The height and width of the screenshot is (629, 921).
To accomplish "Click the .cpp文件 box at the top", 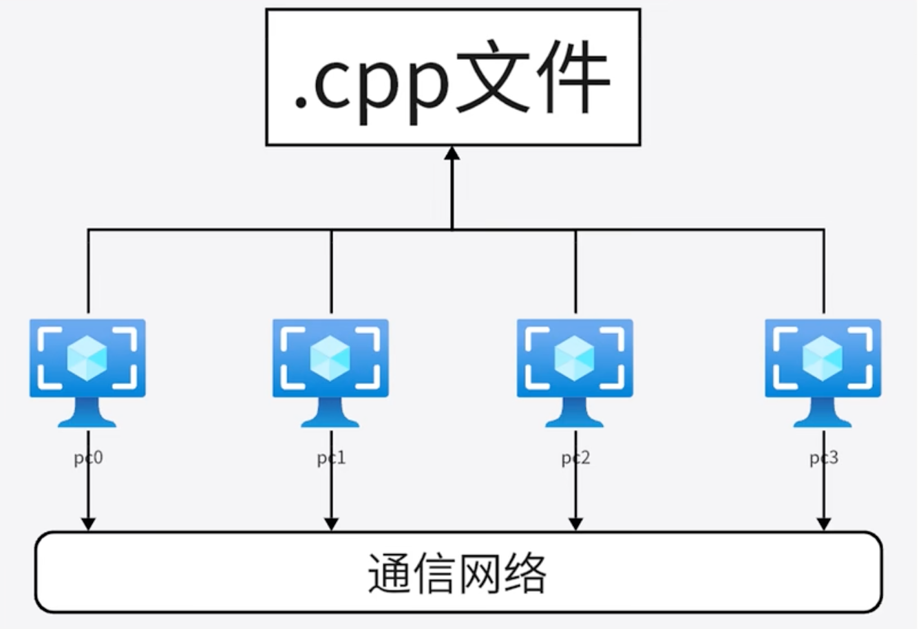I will tap(453, 76).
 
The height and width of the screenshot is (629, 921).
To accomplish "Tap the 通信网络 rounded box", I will tap(458, 572).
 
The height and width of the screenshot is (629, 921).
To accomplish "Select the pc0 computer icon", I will tap(87, 372).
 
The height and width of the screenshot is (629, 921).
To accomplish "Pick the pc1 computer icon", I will tap(330, 372).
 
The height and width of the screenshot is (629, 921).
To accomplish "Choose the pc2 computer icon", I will tap(575, 372).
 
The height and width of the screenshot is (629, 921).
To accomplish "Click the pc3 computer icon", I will tap(823, 372).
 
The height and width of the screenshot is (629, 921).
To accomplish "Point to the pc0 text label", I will tap(88, 458).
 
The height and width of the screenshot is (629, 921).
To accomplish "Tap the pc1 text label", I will tap(331, 458).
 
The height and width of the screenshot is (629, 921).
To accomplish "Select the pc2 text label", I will tap(575, 458).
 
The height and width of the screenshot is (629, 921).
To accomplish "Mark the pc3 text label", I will tap(823, 458).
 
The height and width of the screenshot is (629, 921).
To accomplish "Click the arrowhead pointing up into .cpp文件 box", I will tap(452, 153).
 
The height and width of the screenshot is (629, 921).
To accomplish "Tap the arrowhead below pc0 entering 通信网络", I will tap(88, 523).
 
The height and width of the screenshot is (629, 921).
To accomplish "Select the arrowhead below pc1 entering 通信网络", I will tap(331, 523).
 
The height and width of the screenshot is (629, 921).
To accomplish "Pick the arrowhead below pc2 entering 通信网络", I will tap(575, 523).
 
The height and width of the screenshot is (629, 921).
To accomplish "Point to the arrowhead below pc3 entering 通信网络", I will tap(823, 523).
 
